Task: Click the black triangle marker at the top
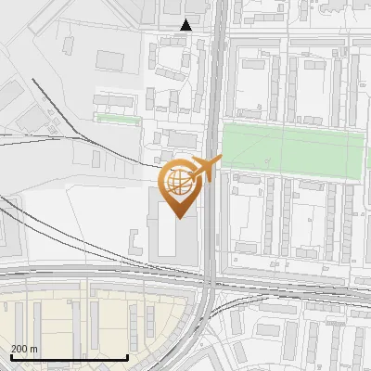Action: pyautogui.click(x=186, y=25)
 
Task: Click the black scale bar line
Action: pyautogui.click(x=69, y=357)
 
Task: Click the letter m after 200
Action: pyautogui.click(x=33, y=349)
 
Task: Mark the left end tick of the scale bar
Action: pyautogui.click(x=10, y=355)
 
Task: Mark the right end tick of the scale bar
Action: pyautogui.click(x=127, y=355)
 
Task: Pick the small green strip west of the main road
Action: pyautogui.click(x=118, y=119)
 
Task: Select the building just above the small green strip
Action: pyautogui.click(x=115, y=100)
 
